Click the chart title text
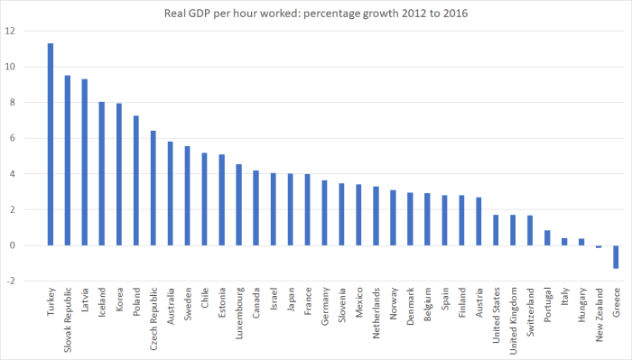click(x=315, y=13)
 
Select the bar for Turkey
click(x=50, y=144)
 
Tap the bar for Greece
click(x=616, y=256)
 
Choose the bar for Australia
click(x=170, y=193)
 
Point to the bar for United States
click(x=496, y=230)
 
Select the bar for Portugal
click(x=547, y=238)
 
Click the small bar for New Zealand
click(x=599, y=246)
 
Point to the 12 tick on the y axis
click(x=10, y=32)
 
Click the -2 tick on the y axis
click(x=10, y=282)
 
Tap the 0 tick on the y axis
click(x=12, y=245)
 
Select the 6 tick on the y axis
click(x=12, y=139)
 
